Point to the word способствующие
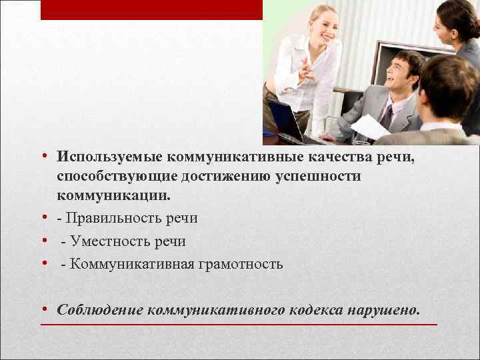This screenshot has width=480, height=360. click(113, 177)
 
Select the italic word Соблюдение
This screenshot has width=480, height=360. click(100, 310)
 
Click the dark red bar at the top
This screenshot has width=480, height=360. click(151, 9)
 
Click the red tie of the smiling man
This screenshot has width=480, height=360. click(387, 115)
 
